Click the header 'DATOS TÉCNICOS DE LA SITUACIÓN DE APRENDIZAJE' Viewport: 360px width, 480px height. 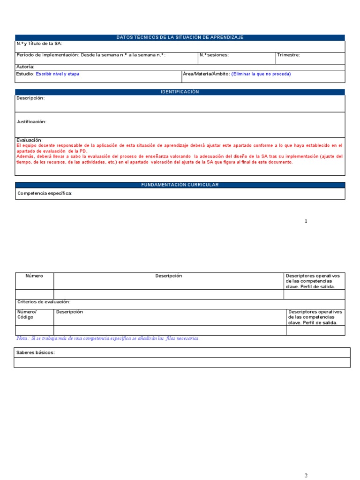pyautogui.click(x=180, y=37)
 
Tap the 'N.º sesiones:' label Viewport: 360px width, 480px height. pyautogui.click(x=214, y=55)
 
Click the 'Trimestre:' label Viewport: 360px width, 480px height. pyautogui.click(x=288, y=55)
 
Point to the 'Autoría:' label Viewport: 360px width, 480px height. pyautogui.click(x=25, y=67)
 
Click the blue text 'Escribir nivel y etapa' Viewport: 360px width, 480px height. pyautogui.click(x=58, y=74)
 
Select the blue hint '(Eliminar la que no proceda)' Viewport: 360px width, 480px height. pyautogui.click(x=261, y=74)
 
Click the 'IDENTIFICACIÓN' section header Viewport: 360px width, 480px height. pyautogui.click(x=180, y=92)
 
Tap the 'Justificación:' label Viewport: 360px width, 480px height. pyautogui.click(x=31, y=122)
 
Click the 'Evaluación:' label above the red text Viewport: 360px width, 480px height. pyautogui.click(x=30, y=140)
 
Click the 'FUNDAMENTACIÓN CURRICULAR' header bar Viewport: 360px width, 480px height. pyautogui.click(x=180, y=185)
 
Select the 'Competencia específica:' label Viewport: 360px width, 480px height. pyautogui.click(x=45, y=194)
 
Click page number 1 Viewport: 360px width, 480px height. pyautogui.click(x=306, y=221)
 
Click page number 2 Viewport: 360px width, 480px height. pyautogui.click(x=306, y=476)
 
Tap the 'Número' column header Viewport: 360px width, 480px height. pyautogui.click(x=34, y=276)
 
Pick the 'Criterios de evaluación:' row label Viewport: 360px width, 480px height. pyautogui.click(x=44, y=302)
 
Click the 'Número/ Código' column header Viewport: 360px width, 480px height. pyautogui.click(x=27, y=315)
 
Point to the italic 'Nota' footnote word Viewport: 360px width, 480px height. pyautogui.click(x=22, y=338)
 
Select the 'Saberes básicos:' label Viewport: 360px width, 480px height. pyautogui.click(x=36, y=352)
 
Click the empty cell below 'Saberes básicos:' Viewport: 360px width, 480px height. pyautogui.click(x=182, y=362)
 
